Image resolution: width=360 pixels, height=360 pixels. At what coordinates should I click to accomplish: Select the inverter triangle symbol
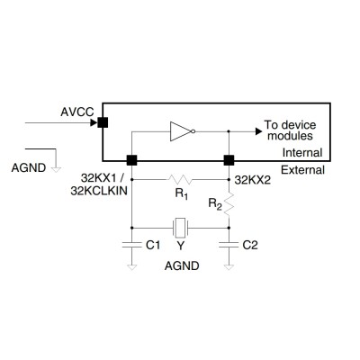[181, 131]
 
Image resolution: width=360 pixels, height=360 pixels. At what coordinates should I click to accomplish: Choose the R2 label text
[214, 204]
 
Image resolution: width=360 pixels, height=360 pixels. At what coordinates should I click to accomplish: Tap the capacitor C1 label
[153, 244]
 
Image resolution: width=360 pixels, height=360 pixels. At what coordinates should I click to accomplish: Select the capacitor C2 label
[251, 244]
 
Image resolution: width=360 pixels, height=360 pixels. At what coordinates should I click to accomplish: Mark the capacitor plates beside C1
[132, 243]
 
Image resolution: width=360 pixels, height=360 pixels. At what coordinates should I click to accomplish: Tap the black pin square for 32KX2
[229, 160]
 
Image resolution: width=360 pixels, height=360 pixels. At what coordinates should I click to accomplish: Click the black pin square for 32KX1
[132, 160]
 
